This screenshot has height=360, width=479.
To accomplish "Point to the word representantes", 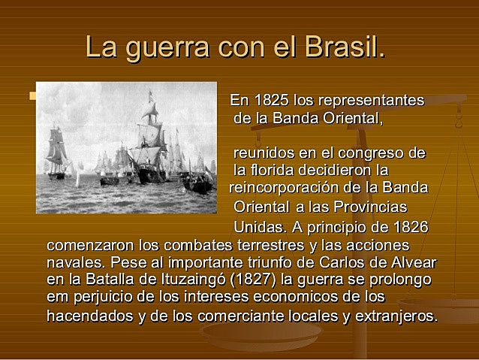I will tap(371, 100).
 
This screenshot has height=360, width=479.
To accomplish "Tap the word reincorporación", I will tap(287, 187).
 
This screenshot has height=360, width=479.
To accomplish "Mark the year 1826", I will tap(409, 227).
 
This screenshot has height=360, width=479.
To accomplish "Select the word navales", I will tap(74, 263).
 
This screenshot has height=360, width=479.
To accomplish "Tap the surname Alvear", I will tap(411, 263).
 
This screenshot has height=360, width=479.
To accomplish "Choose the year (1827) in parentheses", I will tap(257, 280).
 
